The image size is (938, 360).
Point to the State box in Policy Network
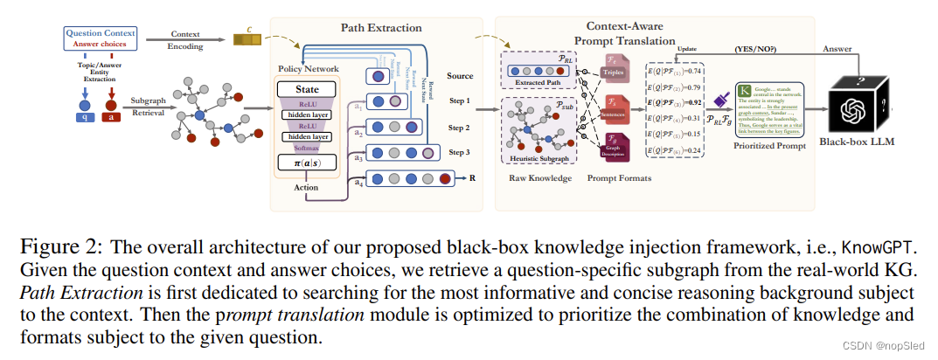tap(307, 89)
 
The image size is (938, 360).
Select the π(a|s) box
tap(307, 163)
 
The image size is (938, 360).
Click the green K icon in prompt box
tap(744, 90)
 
